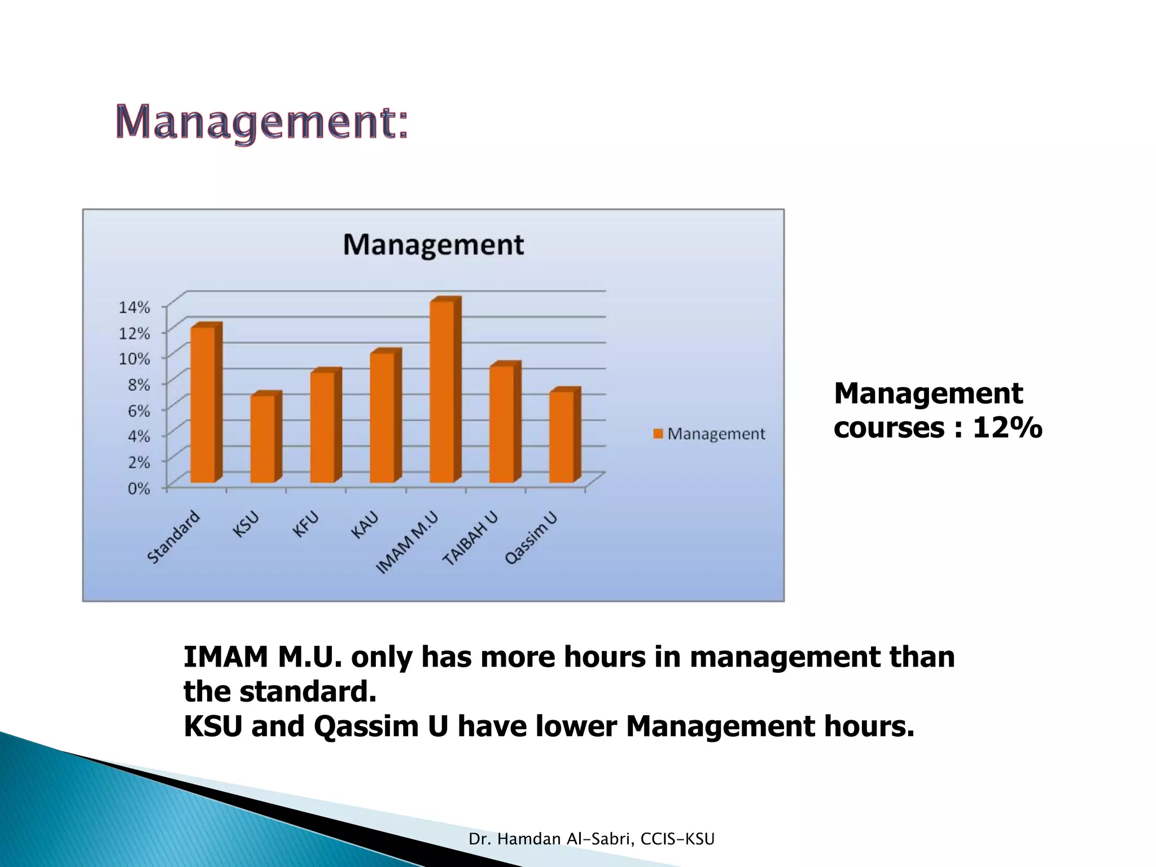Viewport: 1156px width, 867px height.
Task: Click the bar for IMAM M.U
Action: click(x=442, y=392)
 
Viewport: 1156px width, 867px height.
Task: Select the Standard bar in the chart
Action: click(x=203, y=405)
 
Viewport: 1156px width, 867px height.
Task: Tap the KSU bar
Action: click(x=262, y=439)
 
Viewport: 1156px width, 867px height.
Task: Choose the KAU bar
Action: click(x=382, y=418)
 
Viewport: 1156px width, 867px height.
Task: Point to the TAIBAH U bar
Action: click(x=502, y=424)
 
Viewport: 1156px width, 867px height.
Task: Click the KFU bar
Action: click(x=322, y=427)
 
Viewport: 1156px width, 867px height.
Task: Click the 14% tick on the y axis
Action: click(x=134, y=308)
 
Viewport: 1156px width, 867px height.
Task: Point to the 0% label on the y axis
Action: click(x=138, y=488)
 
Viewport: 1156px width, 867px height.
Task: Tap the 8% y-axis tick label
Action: click(x=138, y=385)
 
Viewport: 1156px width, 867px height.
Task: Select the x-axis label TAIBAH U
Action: click(x=470, y=538)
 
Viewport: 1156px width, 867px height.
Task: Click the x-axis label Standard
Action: click(x=173, y=537)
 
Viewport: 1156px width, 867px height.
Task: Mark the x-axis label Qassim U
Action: click(x=531, y=538)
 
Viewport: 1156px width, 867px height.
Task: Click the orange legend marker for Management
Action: click(x=658, y=433)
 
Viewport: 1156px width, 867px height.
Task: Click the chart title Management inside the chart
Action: click(x=433, y=245)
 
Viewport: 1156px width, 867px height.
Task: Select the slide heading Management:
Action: click(x=261, y=122)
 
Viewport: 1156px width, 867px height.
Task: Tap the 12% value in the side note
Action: click(x=1007, y=427)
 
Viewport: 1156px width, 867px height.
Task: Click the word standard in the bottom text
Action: click(x=307, y=692)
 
